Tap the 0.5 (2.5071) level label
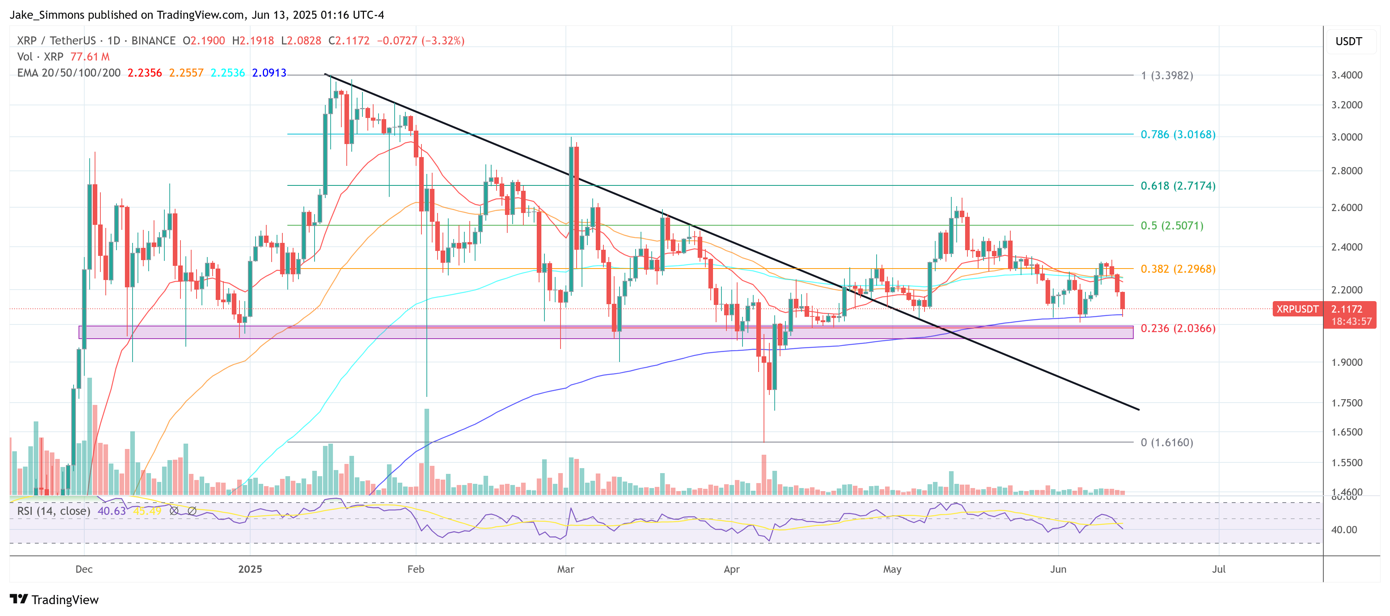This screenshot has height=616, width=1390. click(1172, 226)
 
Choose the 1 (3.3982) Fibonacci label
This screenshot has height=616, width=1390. click(1166, 75)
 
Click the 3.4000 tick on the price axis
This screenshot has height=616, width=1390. click(1346, 75)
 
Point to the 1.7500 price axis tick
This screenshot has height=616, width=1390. click(1346, 403)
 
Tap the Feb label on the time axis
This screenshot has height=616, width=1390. click(415, 569)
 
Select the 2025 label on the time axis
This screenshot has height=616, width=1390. click(250, 569)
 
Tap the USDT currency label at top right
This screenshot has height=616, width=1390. click(1348, 41)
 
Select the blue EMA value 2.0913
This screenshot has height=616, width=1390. click(269, 73)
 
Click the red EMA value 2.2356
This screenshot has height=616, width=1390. click(144, 73)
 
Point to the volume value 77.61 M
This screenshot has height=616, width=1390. click(90, 57)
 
